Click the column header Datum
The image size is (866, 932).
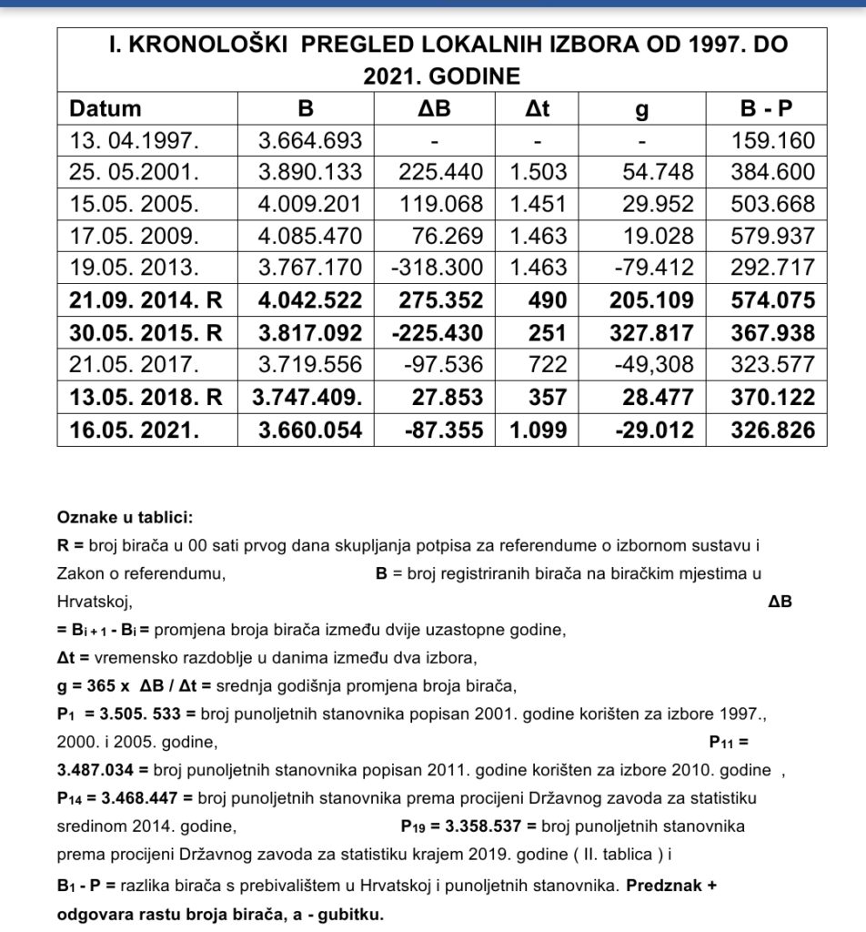tap(106, 108)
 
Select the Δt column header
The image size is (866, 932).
tap(539, 108)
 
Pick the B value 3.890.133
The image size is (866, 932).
tap(310, 172)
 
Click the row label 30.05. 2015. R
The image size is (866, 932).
tap(146, 333)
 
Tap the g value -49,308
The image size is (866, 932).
tap(651, 365)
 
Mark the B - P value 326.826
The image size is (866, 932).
tap(772, 430)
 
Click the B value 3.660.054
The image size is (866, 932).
tap(310, 430)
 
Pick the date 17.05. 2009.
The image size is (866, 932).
tap(133, 237)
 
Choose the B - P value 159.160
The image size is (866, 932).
tap(772, 141)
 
